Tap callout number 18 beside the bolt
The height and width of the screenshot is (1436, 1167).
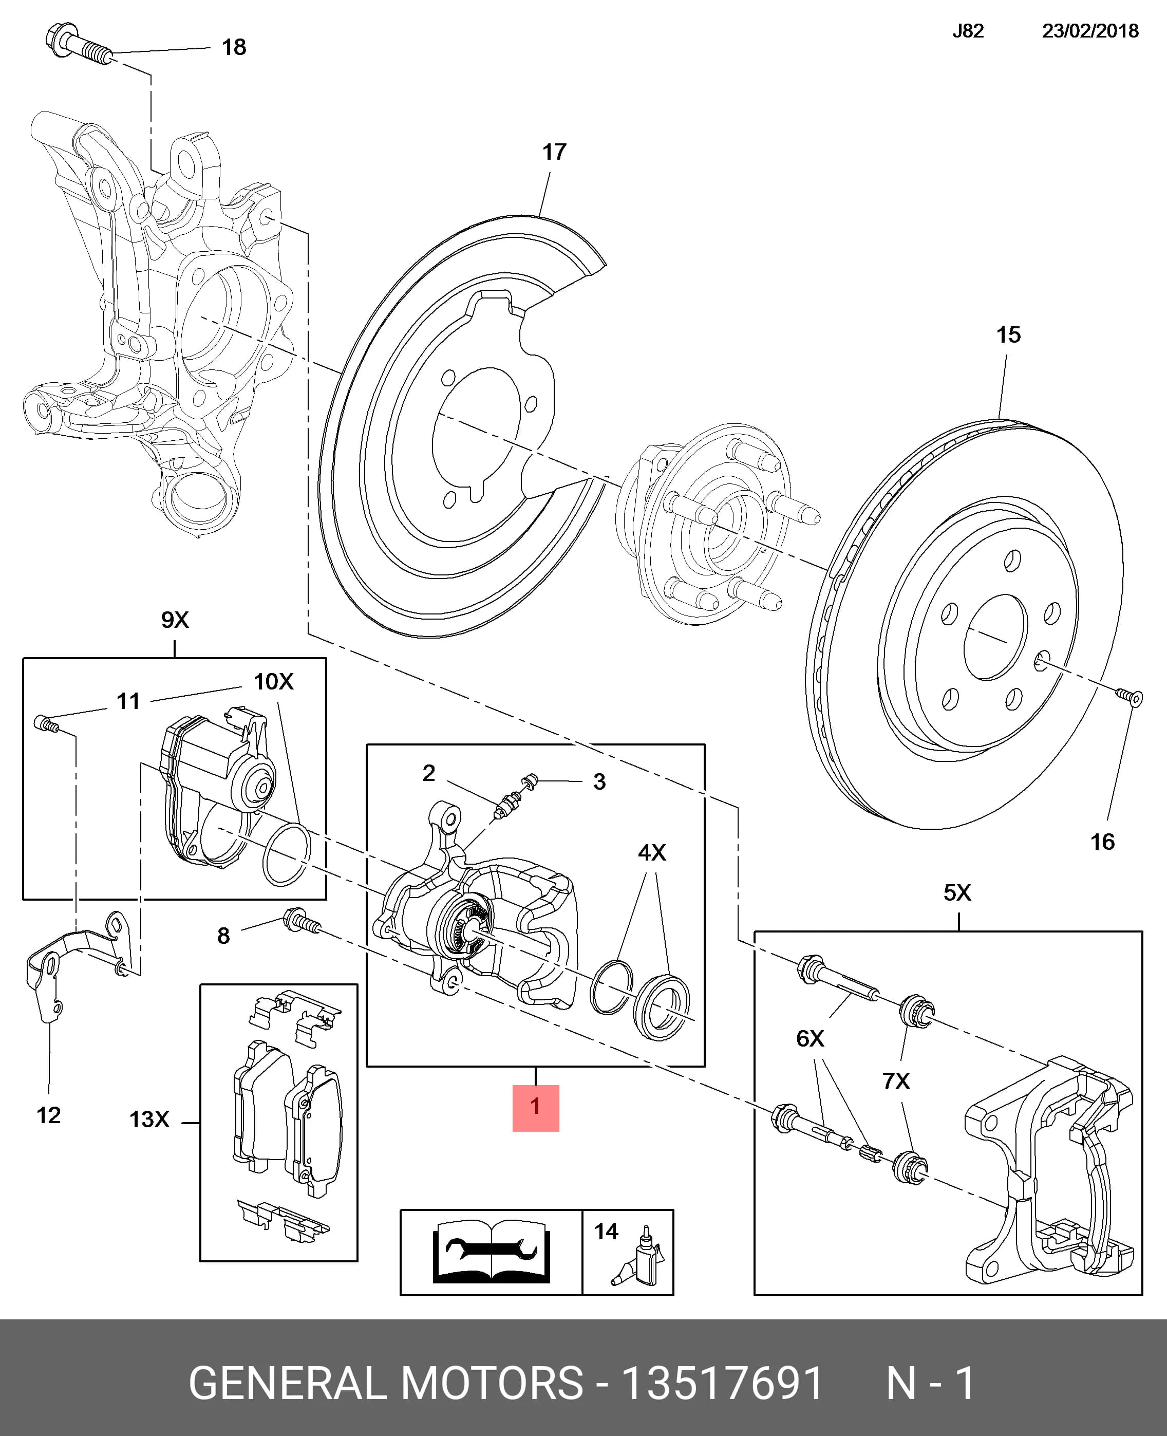click(x=234, y=47)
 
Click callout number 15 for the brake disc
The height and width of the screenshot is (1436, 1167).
click(x=1008, y=335)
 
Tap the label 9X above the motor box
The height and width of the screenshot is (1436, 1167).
click(x=175, y=619)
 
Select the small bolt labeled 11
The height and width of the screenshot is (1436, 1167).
click(x=45, y=723)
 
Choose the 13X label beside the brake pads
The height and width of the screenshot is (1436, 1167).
click(x=149, y=1120)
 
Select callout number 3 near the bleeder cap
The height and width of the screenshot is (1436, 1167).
click(x=599, y=782)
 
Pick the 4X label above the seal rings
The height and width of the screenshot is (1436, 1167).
click(x=651, y=852)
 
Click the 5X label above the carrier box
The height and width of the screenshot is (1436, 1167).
click(x=957, y=893)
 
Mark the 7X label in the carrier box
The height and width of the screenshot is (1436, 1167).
click(x=896, y=1081)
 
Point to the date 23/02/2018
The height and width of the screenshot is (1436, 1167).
click(x=1090, y=31)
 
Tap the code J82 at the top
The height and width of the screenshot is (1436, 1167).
click(x=968, y=31)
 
